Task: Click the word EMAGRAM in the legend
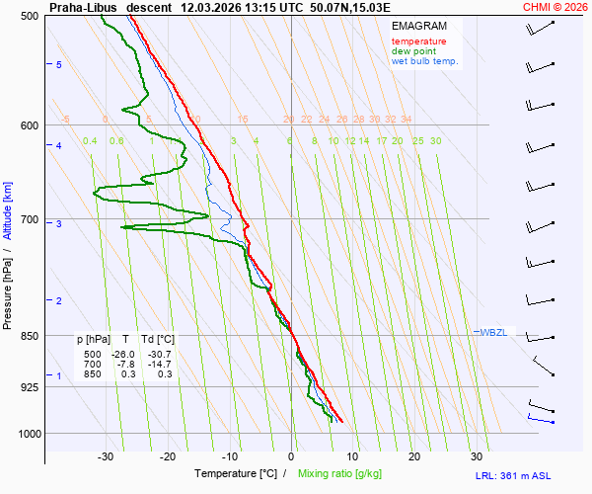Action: pos(418,26)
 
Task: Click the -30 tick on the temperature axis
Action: pos(107,456)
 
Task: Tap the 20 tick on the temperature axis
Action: pos(414,456)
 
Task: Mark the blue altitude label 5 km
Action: pos(59,64)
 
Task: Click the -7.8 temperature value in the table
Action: pos(125,364)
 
